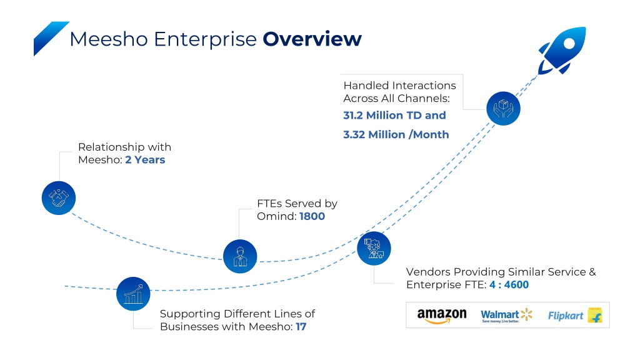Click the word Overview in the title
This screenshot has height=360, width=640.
tap(312, 39)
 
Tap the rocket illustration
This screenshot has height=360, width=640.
tap(563, 50)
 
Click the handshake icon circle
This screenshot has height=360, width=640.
tap(59, 198)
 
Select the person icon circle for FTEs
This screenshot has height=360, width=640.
tap(240, 256)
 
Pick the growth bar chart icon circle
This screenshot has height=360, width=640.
tap(133, 294)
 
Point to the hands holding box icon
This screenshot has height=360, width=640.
tap(503, 108)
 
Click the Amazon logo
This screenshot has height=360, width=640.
tap(442, 316)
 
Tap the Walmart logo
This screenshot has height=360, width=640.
tap(506, 315)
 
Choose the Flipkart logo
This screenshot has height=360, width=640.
tap(575, 316)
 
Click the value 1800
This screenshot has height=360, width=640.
tap(312, 216)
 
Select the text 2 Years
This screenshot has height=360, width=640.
tap(145, 159)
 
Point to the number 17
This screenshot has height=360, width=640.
tap(301, 326)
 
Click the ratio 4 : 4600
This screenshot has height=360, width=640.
tap(509, 284)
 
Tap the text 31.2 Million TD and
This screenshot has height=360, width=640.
tap(394, 116)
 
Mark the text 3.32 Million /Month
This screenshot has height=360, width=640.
tap(396, 135)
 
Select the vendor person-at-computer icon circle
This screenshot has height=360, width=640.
tap(374, 248)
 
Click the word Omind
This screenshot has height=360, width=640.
tap(276, 216)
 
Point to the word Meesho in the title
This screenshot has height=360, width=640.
tap(109, 39)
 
